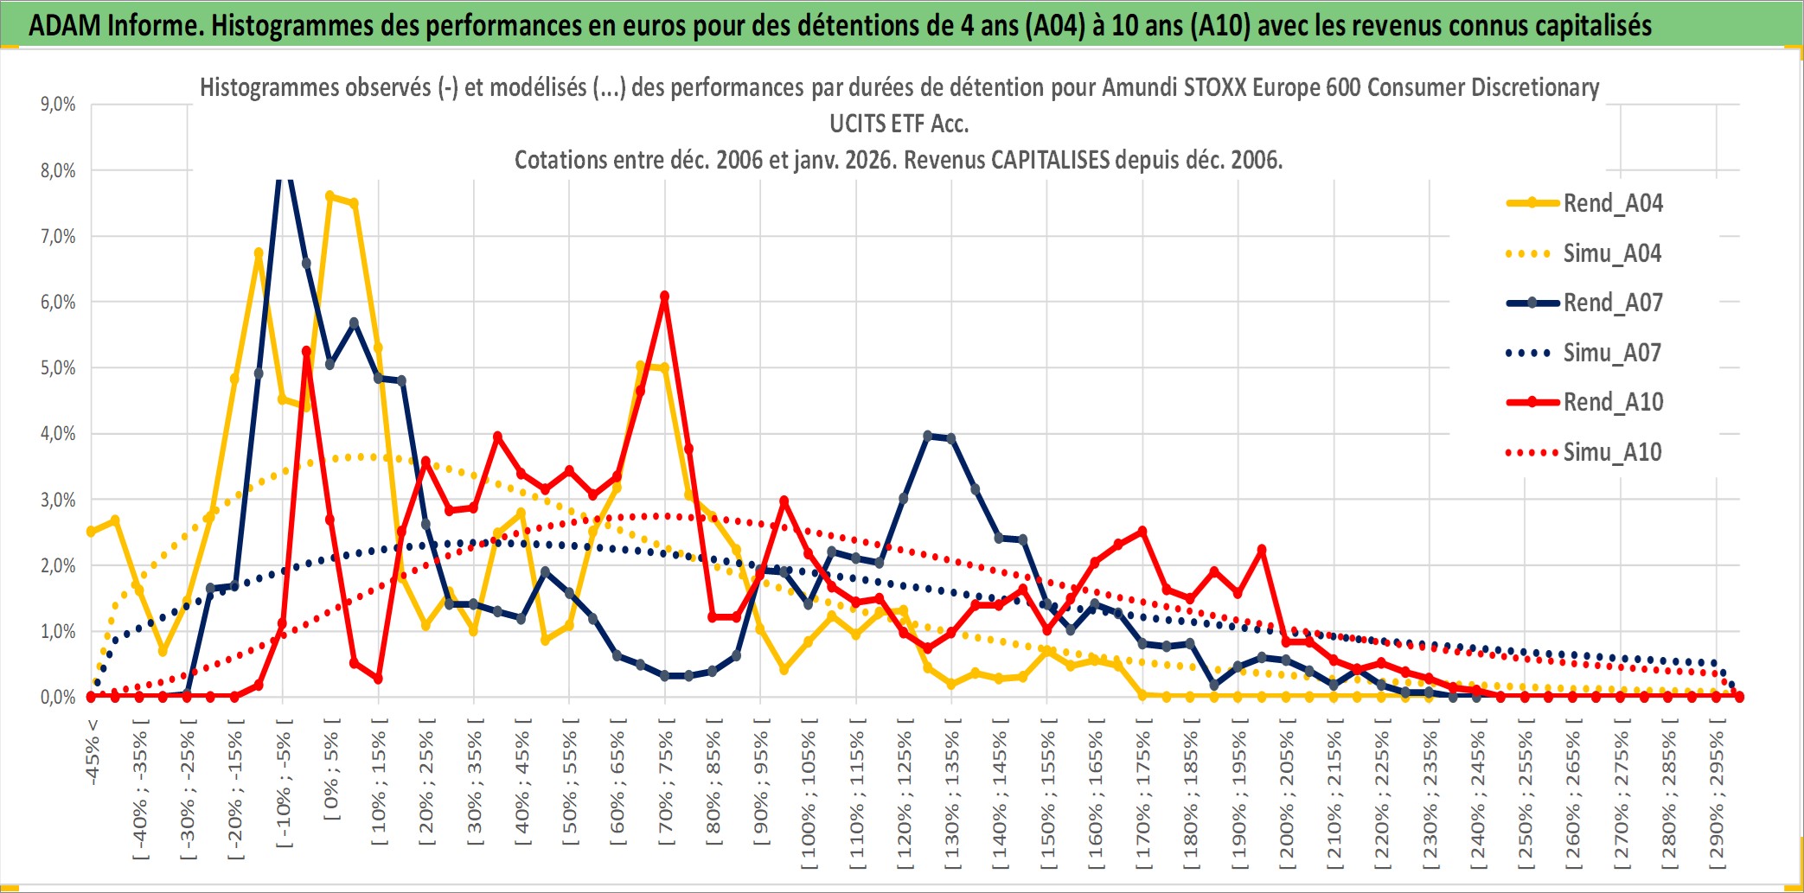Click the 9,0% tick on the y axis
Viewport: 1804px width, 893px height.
[58, 105]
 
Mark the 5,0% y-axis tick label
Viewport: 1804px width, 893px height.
[58, 367]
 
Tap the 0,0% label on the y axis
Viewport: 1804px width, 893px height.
[58, 697]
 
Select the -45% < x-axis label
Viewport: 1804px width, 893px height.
[93, 752]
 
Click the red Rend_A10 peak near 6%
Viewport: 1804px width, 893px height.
[664, 297]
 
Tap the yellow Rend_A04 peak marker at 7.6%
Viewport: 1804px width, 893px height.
[329, 196]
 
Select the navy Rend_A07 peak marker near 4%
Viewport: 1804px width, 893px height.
[928, 436]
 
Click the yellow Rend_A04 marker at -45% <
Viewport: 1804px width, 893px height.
[91, 532]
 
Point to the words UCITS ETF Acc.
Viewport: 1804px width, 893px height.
[899, 124]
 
